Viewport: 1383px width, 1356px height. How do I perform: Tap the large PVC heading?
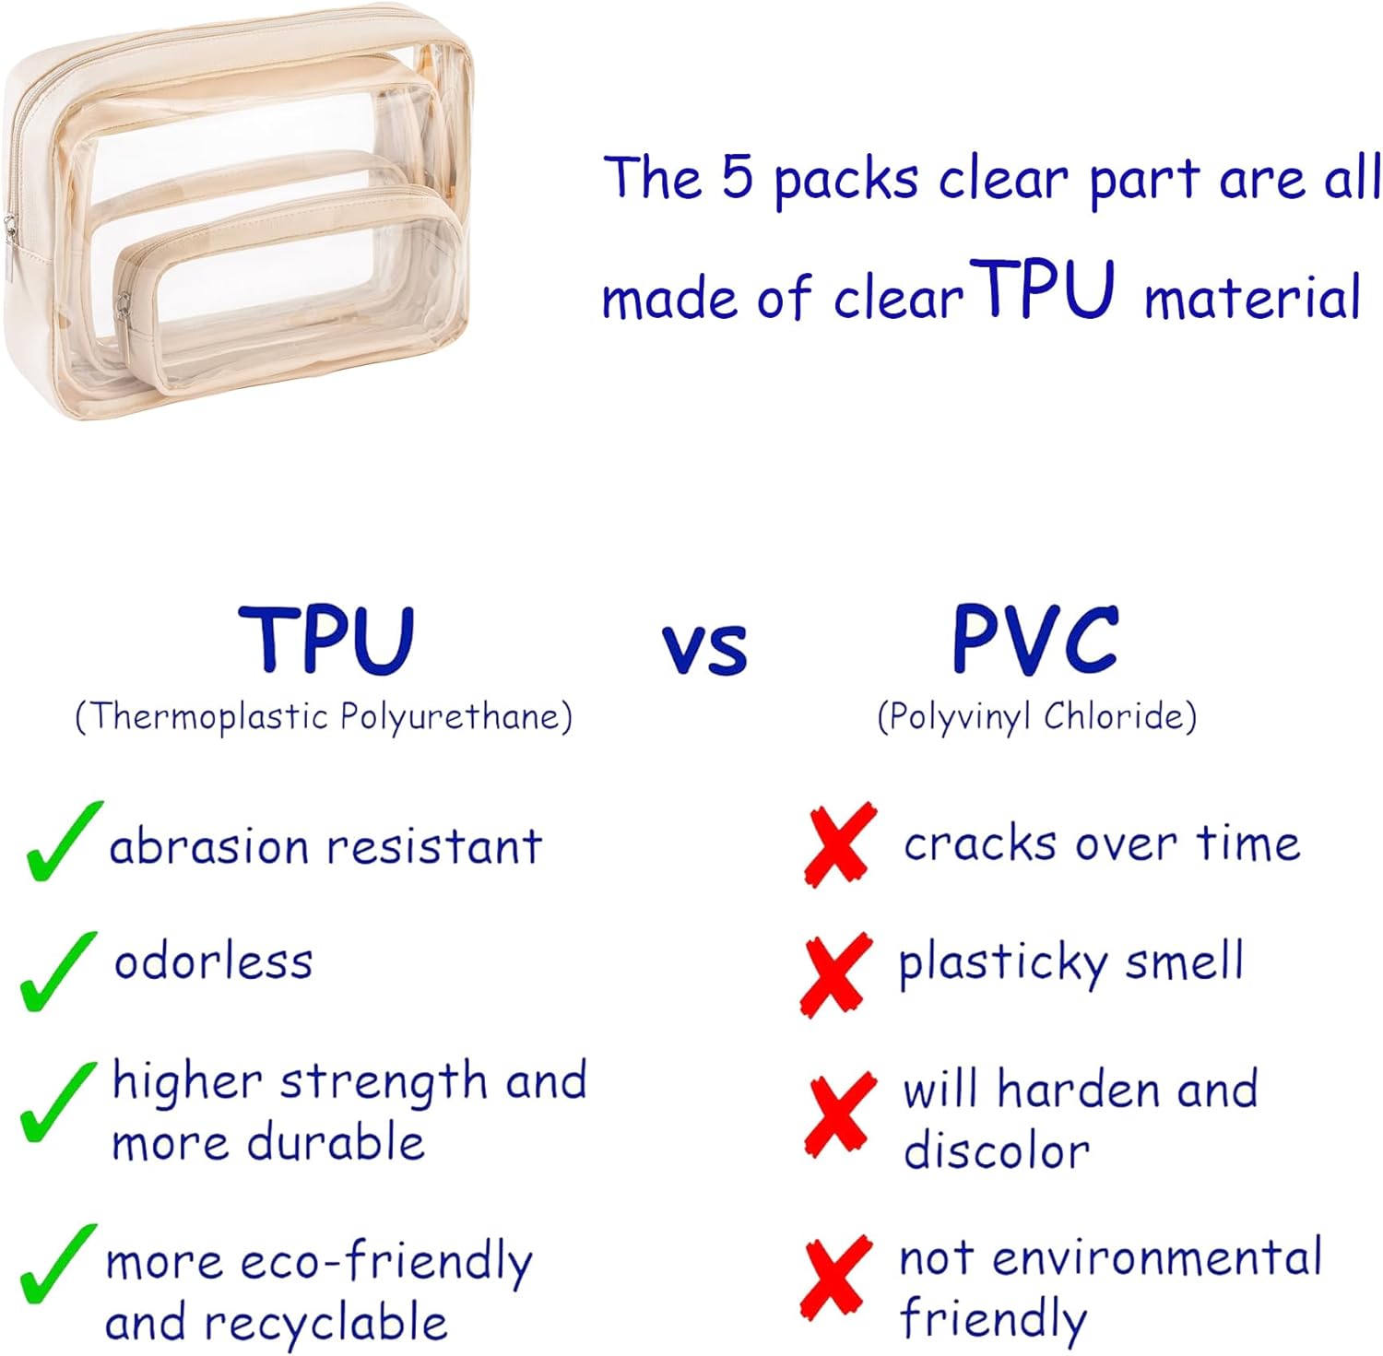[1035, 639]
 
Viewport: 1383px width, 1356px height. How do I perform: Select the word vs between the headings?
[704, 647]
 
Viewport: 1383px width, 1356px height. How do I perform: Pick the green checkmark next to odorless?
[57, 971]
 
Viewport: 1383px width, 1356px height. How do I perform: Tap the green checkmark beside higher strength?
[57, 1101]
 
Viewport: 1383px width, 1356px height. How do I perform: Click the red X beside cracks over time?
[839, 843]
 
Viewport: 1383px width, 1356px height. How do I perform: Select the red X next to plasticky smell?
[835, 973]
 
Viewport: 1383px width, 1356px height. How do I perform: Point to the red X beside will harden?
[839, 1113]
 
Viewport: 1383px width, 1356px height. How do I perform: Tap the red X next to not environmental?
[836, 1276]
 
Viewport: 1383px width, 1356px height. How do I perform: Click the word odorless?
[213, 961]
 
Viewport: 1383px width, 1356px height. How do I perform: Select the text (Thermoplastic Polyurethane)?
[324, 716]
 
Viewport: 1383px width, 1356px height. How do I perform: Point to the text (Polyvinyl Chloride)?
[1036, 716]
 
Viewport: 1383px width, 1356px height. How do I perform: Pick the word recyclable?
[325, 1323]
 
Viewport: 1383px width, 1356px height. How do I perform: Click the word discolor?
[996, 1151]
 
